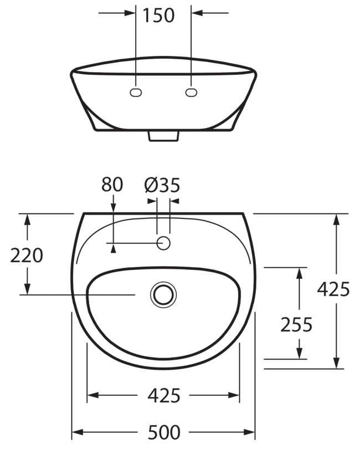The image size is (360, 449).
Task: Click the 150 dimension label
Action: click(158, 16)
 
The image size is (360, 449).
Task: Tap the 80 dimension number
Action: click(112, 185)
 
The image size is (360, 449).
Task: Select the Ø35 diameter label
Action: click(162, 185)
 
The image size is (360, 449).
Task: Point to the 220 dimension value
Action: click(27, 256)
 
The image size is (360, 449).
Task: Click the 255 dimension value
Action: click(296, 325)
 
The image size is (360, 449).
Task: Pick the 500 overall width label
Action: click(164, 432)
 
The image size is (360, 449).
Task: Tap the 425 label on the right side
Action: click(333, 289)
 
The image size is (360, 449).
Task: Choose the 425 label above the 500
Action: click(164, 396)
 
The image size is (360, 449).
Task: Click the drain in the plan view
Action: click(163, 295)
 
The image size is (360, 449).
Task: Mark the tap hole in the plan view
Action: click(164, 243)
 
